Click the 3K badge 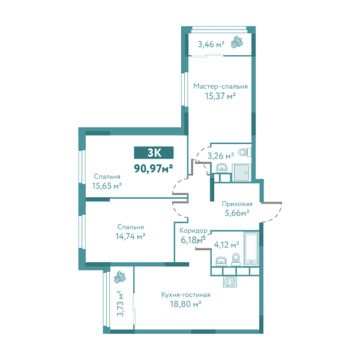[x=154, y=152]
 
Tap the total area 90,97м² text [x=154, y=169]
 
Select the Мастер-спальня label [x=220, y=86]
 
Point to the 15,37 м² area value [x=220, y=96]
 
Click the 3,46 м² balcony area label [x=211, y=44]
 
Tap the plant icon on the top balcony [x=237, y=43]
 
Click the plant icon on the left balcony [x=120, y=277]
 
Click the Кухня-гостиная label [x=186, y=295]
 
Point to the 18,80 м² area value [x=185, y=304]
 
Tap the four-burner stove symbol [x=230, y=281]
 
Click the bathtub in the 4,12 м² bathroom [x=251, y=248]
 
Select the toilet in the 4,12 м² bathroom [x=236, y=260]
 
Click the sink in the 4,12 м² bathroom [x=221, y=261]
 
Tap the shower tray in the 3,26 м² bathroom [x=241, y=172]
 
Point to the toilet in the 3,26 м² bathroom [x=245, y=152]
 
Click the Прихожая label [x=237, y=203]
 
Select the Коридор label [x=193, y=230]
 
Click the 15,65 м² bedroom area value [x=107, y=185]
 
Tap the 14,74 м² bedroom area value [x=130, y=236]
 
